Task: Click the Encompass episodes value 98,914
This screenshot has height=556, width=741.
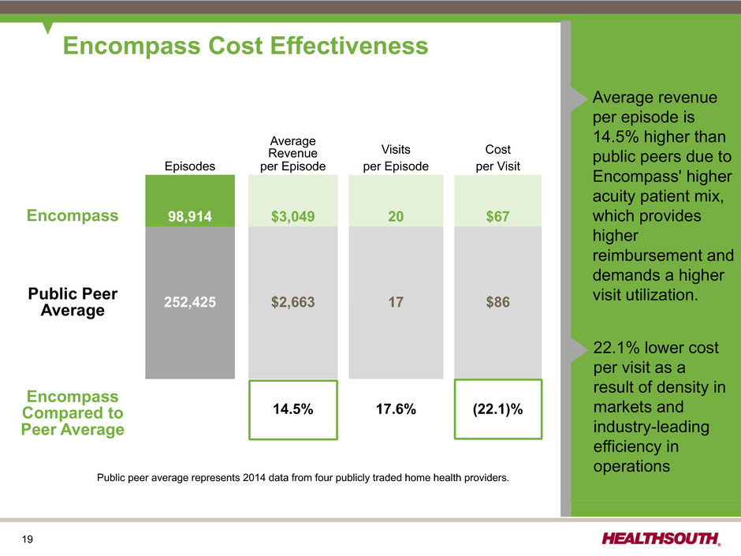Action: [190, 217]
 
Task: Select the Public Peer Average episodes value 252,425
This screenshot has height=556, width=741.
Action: [190, 302]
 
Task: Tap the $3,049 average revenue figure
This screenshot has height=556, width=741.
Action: [293, 217]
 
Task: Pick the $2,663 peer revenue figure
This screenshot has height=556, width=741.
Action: [293, 302]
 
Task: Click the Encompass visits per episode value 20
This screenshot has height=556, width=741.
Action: [396, 217]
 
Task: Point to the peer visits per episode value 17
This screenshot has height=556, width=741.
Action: [396, 302]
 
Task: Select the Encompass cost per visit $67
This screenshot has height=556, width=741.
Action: [498, 217]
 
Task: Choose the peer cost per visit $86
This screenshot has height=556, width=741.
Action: [498, 302]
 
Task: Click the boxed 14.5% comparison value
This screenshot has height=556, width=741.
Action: [293, 409]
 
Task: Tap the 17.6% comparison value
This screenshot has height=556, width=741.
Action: [396, 409]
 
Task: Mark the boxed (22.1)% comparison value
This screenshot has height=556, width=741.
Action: [498, 409]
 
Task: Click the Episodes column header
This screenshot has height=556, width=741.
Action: [190, 166]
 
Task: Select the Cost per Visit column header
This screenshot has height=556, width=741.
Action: [498, 158]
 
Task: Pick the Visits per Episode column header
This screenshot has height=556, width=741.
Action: [396, 158]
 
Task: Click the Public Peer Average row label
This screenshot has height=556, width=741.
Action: [73, 302]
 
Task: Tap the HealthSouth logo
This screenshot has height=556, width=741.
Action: [661, 539]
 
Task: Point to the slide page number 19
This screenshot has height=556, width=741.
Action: [28, 539]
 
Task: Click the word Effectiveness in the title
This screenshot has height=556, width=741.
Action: [349, 46]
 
